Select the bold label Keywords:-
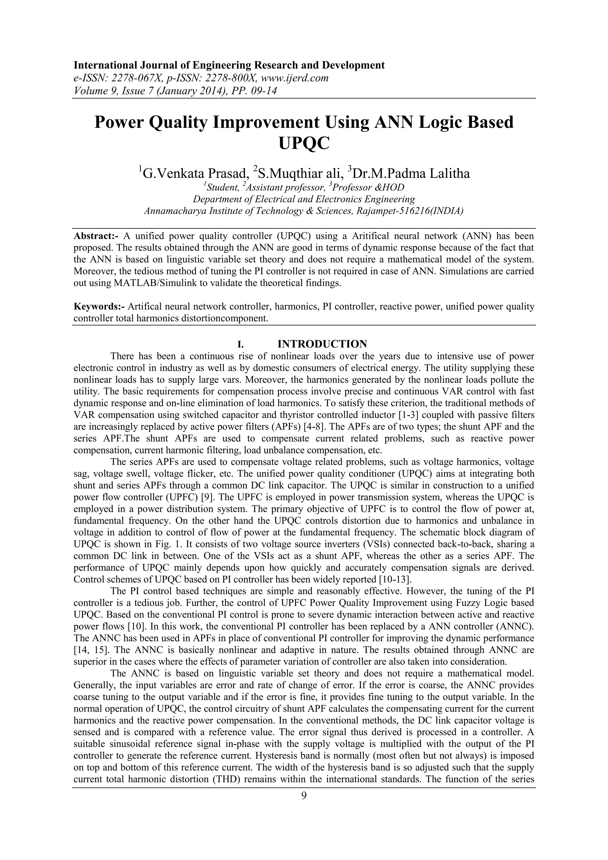pyautogui.click(x=99, y=307)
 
